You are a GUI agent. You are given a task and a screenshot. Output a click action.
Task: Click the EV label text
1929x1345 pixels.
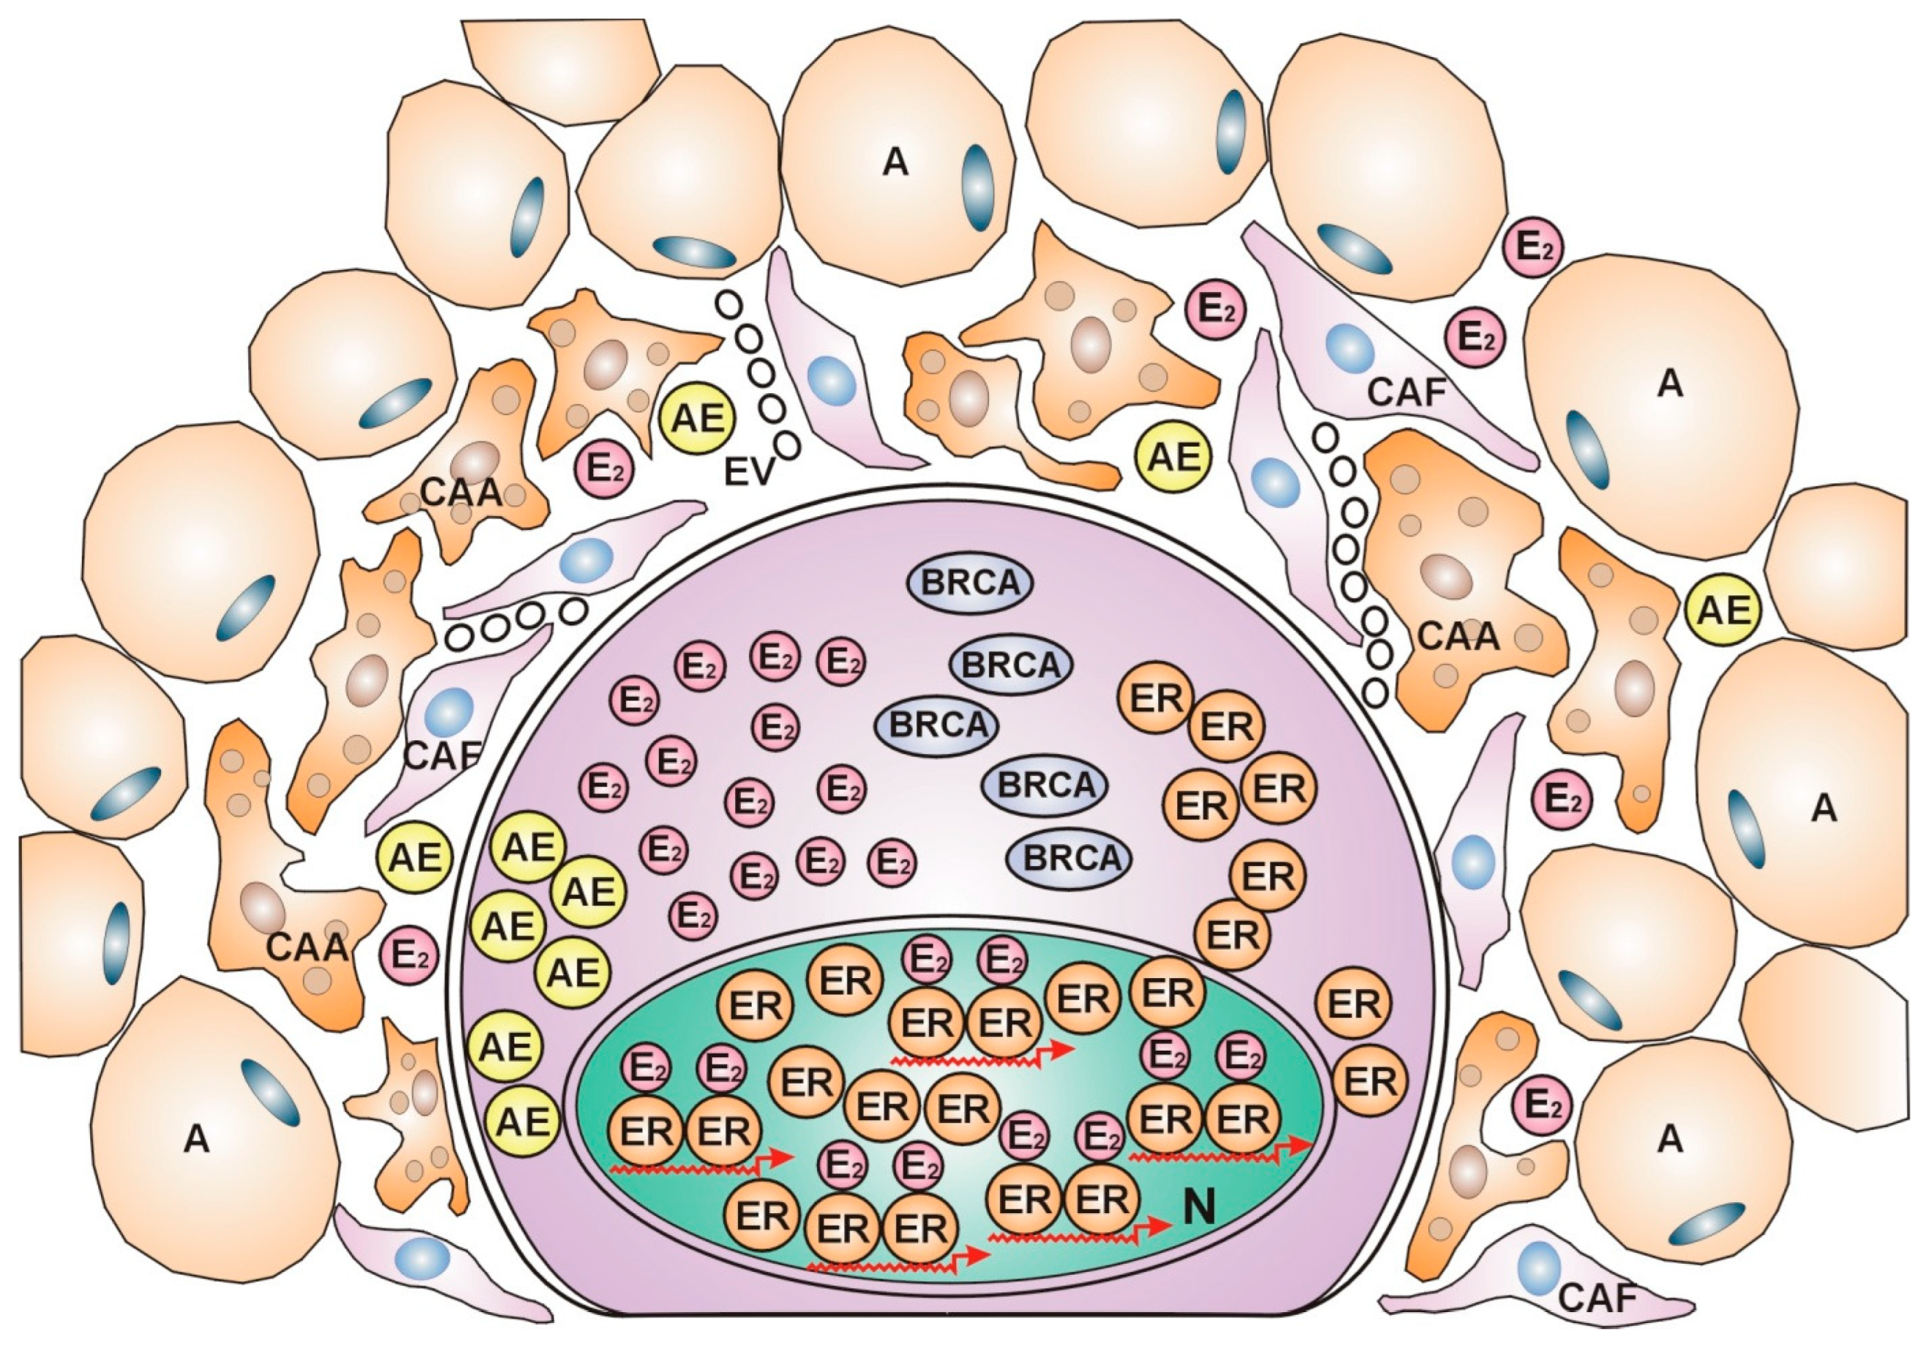coord(747,473)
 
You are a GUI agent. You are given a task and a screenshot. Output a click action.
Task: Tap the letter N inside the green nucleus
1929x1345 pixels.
coord(1199,1207)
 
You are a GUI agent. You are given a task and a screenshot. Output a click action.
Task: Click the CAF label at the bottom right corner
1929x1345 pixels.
coord(1598,1298)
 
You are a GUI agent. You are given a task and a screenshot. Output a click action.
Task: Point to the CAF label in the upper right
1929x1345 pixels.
coord(1406,392)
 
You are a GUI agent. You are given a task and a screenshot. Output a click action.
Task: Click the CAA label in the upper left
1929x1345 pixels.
coord(461,493)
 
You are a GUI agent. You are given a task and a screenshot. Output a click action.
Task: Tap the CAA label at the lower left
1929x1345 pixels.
coord(307,947)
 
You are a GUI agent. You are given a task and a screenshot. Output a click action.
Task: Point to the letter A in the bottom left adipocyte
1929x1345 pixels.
coord(195,1139)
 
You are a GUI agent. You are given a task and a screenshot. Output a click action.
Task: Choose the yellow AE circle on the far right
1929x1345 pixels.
coord(1723,611)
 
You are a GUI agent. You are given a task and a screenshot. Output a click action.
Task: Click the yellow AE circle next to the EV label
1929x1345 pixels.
coord(698,417)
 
